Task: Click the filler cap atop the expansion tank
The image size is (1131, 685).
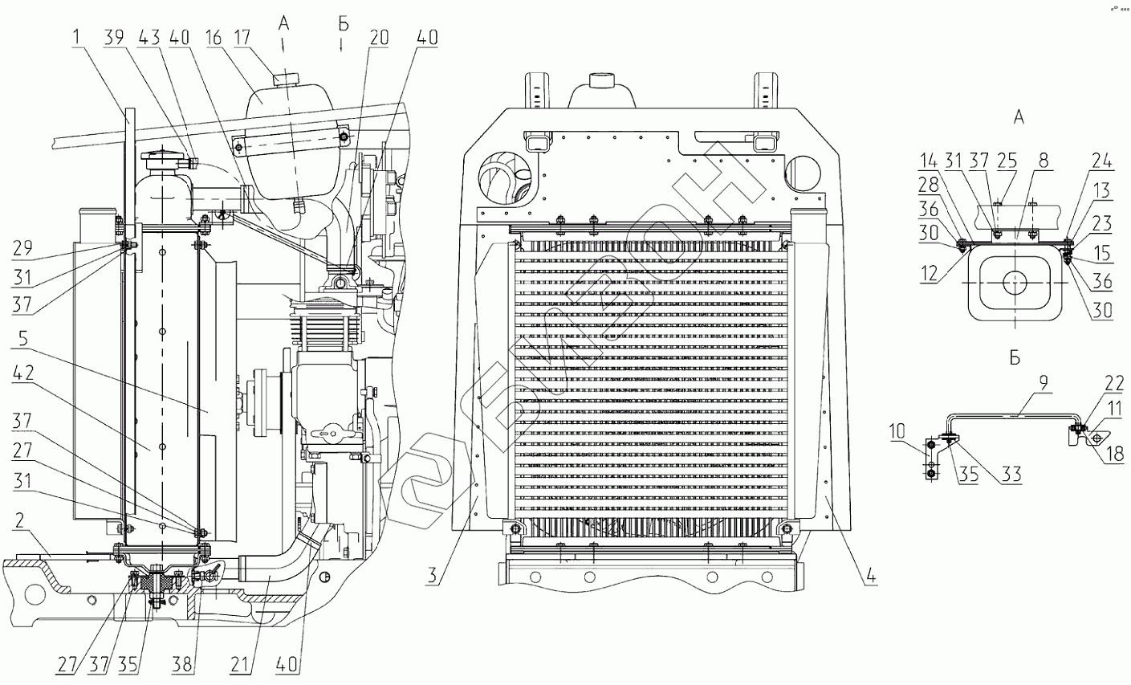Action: pos(283,80)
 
